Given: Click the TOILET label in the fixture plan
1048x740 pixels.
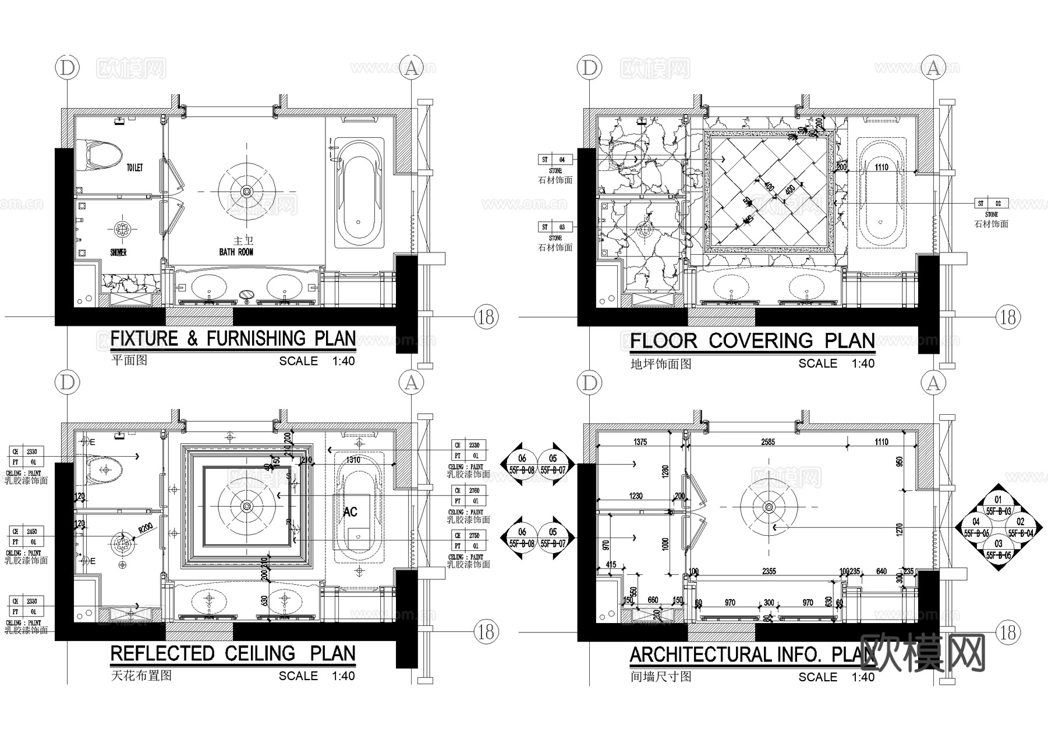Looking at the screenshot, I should click(134, 168).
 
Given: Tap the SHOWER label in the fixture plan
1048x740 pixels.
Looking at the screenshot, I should click(118, 252).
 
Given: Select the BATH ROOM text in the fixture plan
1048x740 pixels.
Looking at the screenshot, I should click(236, 252).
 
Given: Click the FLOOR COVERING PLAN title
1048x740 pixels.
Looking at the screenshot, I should click(752, 340).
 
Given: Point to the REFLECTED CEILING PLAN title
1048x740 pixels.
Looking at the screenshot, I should click(233, 653).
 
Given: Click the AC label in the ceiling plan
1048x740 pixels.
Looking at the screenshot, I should click(350, 512).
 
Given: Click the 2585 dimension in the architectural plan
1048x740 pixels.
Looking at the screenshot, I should click(768, 442).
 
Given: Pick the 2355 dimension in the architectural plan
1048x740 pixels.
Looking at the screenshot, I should click(769, 571).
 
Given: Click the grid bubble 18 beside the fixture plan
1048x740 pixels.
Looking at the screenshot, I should click(486, 316).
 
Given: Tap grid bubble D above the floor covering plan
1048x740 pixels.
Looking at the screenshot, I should click(590, 68).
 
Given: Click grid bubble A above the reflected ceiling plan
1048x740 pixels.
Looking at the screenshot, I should click(411, 383).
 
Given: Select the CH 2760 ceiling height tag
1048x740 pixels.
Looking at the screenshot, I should click(469, 496).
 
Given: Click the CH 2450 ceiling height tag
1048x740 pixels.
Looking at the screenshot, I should click(26, 536).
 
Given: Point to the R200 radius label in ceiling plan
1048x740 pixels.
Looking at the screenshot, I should click(145, 528).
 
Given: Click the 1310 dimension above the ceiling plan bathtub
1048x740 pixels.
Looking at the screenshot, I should click(353, 460).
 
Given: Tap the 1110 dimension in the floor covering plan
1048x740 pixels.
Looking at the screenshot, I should click(881, 167).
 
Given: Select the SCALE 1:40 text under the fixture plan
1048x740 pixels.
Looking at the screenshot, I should click(317, 361).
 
